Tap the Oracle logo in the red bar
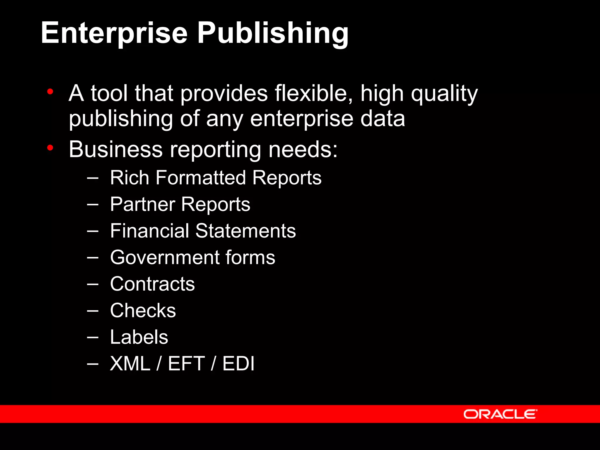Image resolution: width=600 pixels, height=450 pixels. click(500, 414)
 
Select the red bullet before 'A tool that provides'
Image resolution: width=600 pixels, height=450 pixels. click(50, 92)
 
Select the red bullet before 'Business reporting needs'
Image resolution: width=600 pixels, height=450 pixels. click(50, 148)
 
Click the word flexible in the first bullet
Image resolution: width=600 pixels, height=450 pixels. click(313, 93)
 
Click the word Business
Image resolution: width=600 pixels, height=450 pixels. click(115, 149)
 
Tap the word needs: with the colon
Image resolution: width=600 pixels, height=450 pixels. click(303, 149)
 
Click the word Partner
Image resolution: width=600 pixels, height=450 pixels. click(142, 204)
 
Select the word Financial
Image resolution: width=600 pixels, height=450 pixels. click(149, 231)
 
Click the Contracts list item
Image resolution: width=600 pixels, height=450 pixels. click(152, 284)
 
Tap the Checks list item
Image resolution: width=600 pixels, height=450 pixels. click(143, 311)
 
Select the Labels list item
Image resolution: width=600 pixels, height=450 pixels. click(139, 337)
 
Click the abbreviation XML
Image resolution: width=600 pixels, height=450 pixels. click(130, 364)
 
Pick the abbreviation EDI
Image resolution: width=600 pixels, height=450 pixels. click(238, 364)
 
